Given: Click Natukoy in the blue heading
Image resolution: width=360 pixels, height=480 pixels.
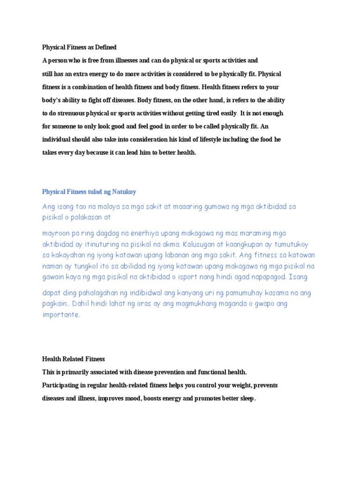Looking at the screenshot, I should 123,192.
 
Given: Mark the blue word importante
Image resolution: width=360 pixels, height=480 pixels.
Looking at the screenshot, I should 61,315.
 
